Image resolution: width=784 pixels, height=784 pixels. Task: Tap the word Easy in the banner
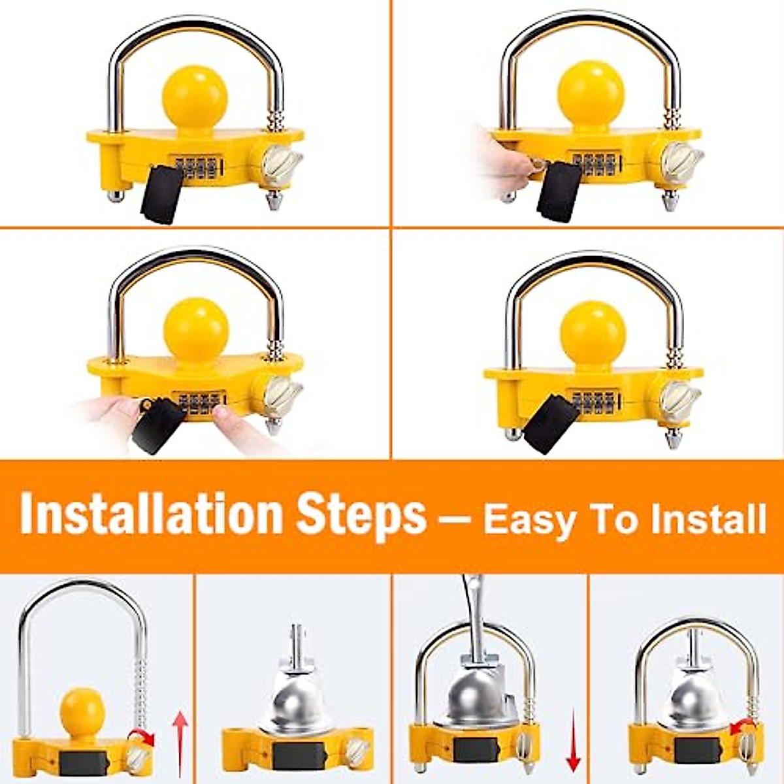[530, 520]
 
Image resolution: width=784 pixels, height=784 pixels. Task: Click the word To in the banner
[617, 520]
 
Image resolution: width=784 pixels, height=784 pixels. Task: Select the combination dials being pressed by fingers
[199, 403]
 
